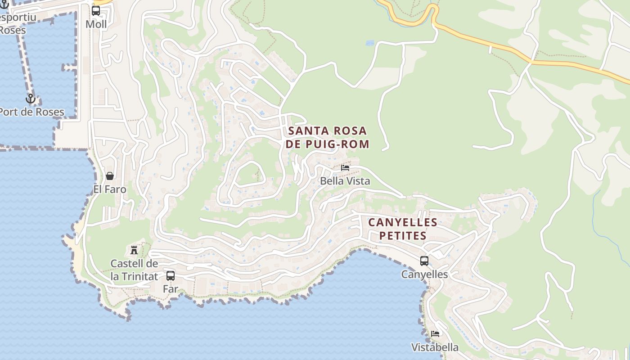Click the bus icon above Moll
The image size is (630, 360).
click(96, 11)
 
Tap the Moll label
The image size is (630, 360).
click(96, 24)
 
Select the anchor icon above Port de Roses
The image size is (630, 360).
click(31, 99)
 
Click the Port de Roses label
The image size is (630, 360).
click(31, 112)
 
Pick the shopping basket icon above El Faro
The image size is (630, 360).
click(110, 176)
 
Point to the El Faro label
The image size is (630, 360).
click(110, 189)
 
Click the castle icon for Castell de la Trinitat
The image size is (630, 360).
click(134, 250)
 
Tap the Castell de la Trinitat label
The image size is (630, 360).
click(134, 270)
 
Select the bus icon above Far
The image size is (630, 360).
click(171, 275)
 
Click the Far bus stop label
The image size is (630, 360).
click(171, 289)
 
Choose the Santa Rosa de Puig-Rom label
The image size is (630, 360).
click(328, 138)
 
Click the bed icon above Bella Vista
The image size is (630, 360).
click(345, 168)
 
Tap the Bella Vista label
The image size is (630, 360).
click(345, 181)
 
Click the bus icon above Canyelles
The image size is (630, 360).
click(424, 261)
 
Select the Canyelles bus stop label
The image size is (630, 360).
click(424, 274)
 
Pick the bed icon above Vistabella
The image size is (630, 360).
click(435, 334)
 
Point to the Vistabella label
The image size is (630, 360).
click(435, 347)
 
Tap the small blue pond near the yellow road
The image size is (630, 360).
click(370, 43)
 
